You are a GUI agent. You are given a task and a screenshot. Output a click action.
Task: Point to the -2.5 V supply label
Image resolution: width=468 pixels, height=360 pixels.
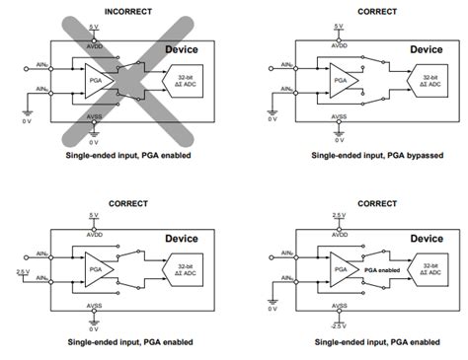click(339, 324)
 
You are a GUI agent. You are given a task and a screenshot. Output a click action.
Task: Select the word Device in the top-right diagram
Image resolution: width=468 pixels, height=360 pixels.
click(426, 49)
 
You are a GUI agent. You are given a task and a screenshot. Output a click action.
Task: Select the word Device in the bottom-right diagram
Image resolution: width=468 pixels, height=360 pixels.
click(426, 238)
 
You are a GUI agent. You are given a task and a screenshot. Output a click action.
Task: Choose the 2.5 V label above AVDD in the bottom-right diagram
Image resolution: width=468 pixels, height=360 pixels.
click(339, 215)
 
